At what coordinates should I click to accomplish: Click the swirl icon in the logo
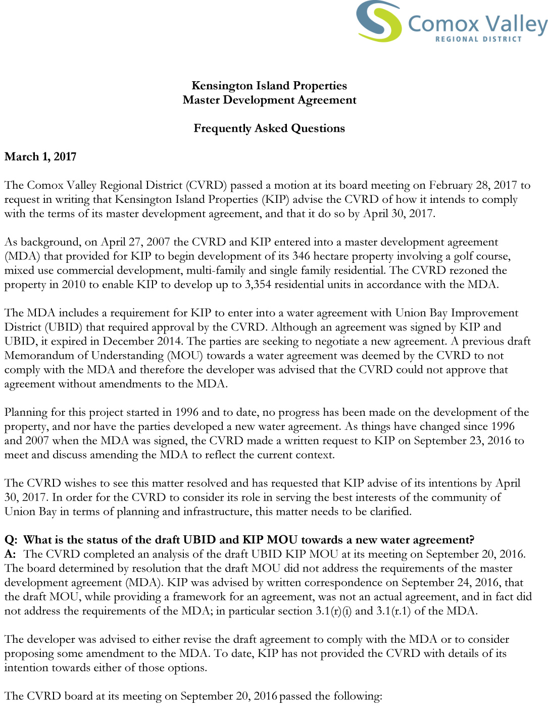pyautogui.click(x=379, y=21)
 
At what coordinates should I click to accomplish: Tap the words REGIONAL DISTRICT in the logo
pyautogui.click(x=478, y=39)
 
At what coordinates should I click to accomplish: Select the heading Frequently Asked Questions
pyautogui.click(x=269, y=128)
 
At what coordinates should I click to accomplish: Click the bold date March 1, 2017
pyautogui.click(x=40, y=156)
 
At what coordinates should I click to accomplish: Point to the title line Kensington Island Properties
pyautogui.click(x=269, y=86)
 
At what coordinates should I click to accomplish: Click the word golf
pyautogui.click(x=464, y=256)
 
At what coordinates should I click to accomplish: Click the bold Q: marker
pyautogui.click(x=11, y=540)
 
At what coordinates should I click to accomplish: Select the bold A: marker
pyautogui.click(x=11, y=554)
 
